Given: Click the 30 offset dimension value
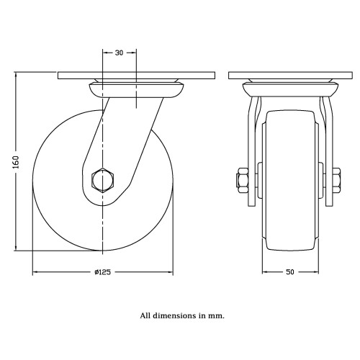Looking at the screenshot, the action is (x=119, y=53).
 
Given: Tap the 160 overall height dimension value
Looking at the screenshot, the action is (x=16, y=162).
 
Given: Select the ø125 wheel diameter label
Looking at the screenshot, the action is (x=102, y=272).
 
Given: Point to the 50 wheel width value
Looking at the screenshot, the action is (x=290, y=272).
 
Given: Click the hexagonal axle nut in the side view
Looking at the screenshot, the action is (x=103, y=180).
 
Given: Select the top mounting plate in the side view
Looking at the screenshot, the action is (x=136, y=76).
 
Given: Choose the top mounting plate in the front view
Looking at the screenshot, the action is (x=290, y=76).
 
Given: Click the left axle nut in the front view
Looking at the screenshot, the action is (x=243, y=180).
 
